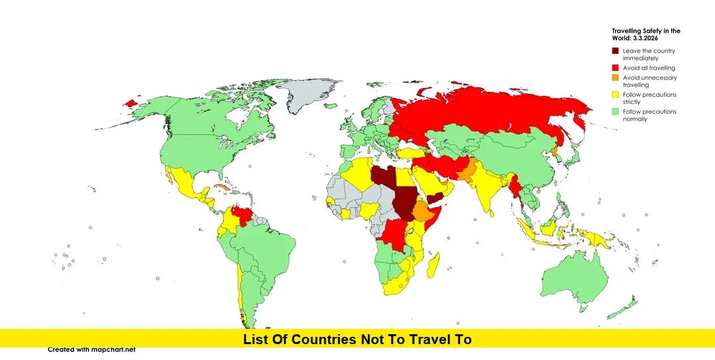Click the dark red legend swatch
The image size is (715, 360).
tap(615, 51)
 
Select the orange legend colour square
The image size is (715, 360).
tap(615, 78)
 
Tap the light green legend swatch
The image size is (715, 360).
tap(615, 112)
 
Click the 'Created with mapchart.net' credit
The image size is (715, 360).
tap(91, 349)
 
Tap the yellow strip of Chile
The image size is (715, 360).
tap(241, 291)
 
